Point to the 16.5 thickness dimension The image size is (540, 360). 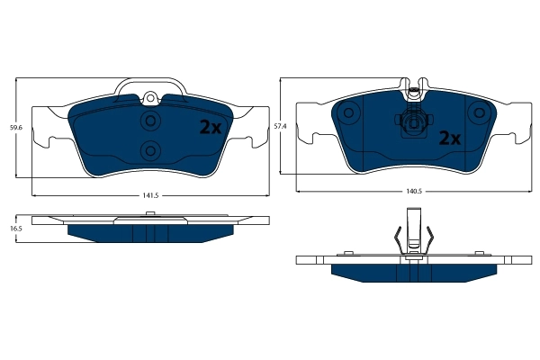(15, 229)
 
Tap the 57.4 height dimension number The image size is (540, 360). (280, 128)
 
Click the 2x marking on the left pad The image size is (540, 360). (210, 128)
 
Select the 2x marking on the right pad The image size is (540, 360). (449, 139)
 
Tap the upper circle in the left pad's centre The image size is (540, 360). (150, 121)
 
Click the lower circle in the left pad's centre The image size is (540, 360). (150, 149)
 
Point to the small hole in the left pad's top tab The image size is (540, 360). (151, 98)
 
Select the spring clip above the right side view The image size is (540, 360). (413, 236)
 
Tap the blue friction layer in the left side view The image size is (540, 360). (150, 233)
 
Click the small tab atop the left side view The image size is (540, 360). (150, 213)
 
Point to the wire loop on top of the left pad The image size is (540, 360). (150, 85)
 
